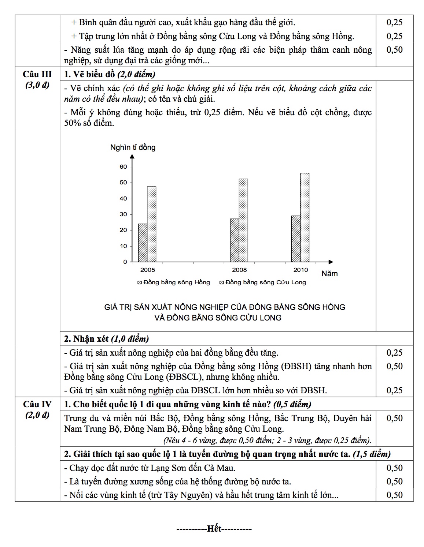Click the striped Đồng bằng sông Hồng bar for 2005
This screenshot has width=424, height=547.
coord(143,243)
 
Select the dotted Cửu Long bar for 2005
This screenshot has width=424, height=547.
coord(151,224)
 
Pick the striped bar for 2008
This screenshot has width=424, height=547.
coord(235,240)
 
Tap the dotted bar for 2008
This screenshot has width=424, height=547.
coord(243,220)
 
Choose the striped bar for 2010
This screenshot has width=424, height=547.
coord(296,239)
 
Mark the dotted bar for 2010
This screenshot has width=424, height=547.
coord(305,217)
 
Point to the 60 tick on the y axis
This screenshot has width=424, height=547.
coord(123,167)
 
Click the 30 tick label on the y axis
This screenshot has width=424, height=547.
coord(123,214)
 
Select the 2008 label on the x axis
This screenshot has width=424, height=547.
coord(239,270)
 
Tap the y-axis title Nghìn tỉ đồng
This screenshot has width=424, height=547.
coord(133,147)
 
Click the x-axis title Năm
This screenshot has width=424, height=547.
coord(329,274)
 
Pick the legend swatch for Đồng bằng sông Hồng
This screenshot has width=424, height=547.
coord(140,283)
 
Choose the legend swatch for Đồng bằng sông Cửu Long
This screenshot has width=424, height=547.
coord(222,283)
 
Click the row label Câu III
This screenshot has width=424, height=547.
coord(37,74)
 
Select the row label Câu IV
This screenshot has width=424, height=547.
coord(37,404)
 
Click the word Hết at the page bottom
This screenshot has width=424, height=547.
coord(214,529)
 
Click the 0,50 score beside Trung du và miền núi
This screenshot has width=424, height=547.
coord(394,418)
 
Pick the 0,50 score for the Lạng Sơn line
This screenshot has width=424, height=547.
coord(394,468)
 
